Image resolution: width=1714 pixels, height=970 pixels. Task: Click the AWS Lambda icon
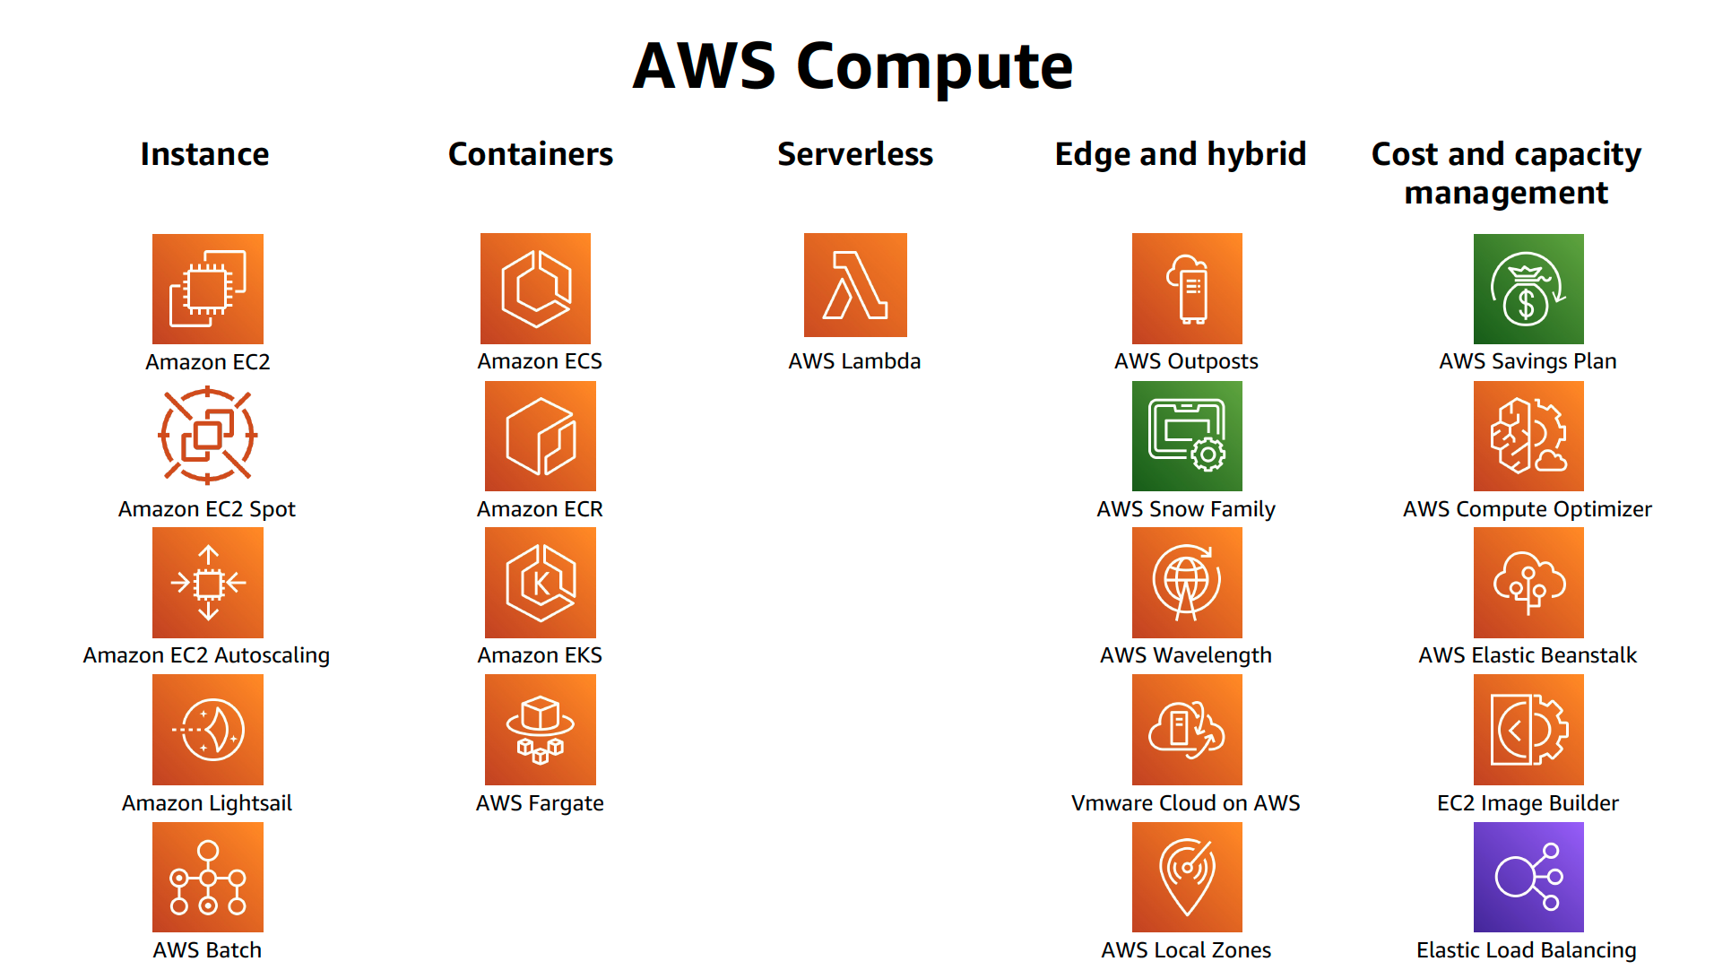click(855, 285)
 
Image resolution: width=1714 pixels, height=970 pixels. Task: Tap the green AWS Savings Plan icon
click(1528, 289)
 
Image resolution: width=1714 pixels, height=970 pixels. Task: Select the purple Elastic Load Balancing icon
click(1528, 877)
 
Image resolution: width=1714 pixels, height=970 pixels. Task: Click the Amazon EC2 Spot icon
click(208, 436)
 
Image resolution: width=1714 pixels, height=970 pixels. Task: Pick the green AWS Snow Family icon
click(1186, 436)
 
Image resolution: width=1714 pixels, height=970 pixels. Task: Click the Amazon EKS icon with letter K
click(540, 583)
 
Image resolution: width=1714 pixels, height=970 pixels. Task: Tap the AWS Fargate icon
click(540, 730)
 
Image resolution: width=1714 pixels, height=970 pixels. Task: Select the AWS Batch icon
click(208, 877)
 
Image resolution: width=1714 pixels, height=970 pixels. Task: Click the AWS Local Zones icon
click(1186, 877)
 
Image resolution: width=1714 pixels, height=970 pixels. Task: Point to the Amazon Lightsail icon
click(208, 730)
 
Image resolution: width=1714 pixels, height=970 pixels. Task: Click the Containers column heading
click(530, 154)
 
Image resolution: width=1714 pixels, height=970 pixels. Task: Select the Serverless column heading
click(854, 154)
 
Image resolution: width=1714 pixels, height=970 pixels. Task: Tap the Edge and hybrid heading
click(1180, 154)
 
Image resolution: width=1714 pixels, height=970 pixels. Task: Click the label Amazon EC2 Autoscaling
click(206, 655)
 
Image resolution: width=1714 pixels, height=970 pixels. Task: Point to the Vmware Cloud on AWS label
click(1185, 803)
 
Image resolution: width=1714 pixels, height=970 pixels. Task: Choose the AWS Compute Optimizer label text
click(1527, 509)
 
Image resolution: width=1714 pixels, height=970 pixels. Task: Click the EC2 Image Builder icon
click(1528, 730)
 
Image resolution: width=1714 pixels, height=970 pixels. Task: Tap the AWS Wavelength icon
click(1186, 583)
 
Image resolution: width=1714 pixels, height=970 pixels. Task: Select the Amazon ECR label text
click(540, 509)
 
